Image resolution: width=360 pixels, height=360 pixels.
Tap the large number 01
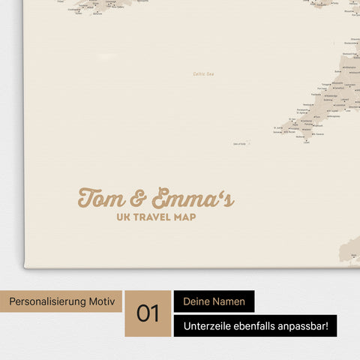(148, 313)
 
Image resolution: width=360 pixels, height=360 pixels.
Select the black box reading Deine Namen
(214, 301)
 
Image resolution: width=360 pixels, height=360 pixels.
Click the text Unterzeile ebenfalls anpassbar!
(256, 325)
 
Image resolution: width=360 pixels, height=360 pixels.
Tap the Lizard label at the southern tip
(306, 142)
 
